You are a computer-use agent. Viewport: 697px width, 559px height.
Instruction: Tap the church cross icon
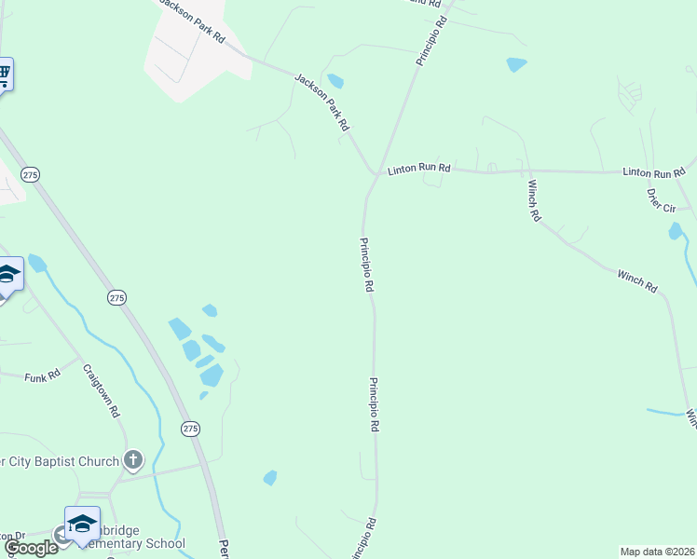pos(134,459)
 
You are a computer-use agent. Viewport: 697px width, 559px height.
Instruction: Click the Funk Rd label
pos(43,375)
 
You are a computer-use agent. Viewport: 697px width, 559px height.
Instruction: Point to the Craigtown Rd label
pos(102,389)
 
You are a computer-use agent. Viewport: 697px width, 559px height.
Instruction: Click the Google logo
pos(30,548)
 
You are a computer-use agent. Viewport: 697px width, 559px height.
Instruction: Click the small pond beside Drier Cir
pos(675,231)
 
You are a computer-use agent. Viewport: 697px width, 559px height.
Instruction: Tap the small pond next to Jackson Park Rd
pos(335,81)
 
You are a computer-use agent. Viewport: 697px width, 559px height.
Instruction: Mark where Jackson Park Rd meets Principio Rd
pos(376,173)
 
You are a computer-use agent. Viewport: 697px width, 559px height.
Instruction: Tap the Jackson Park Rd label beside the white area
pos(191,20)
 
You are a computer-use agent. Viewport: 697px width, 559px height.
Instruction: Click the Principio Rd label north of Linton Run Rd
pos(432,38)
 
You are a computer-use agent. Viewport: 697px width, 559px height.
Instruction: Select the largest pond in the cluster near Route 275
pos(212,375)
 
